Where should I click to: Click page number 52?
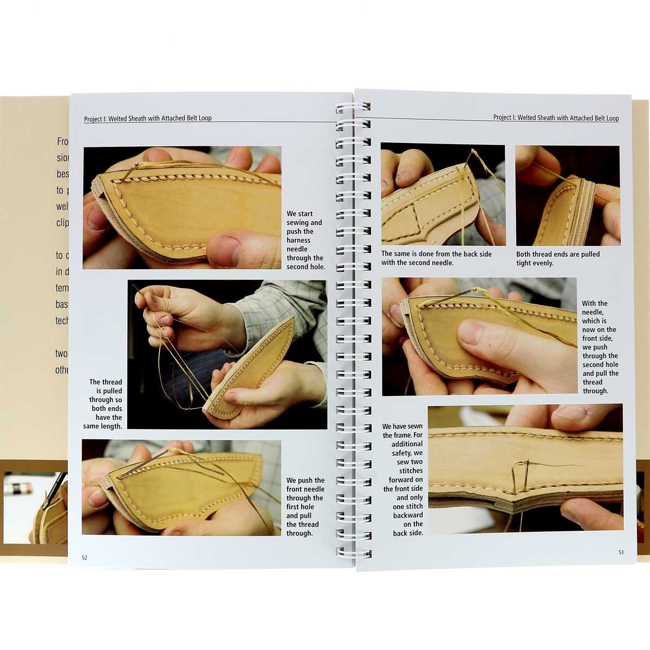(x=84, y=557)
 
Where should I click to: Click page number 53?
(x=621, y=552)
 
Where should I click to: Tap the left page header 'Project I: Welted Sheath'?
(x=148, y=118)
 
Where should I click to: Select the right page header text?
(x=556, y=118)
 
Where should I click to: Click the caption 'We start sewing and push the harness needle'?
(x=305, y=240)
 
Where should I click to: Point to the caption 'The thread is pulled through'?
(x=105, y=404)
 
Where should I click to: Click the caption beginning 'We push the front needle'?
(x=305, y=506)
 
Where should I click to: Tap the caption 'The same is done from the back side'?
(x=437, y=258)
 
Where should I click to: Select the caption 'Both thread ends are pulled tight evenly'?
(x=558, y=258)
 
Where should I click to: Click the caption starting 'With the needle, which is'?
(x=600, y=347)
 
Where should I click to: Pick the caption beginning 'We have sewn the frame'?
(x=403, y=480)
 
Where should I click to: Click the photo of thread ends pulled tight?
(x=567, y=196)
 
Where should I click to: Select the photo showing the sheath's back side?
(x=443, y=195)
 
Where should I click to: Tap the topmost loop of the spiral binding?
(x=353, y=107)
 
